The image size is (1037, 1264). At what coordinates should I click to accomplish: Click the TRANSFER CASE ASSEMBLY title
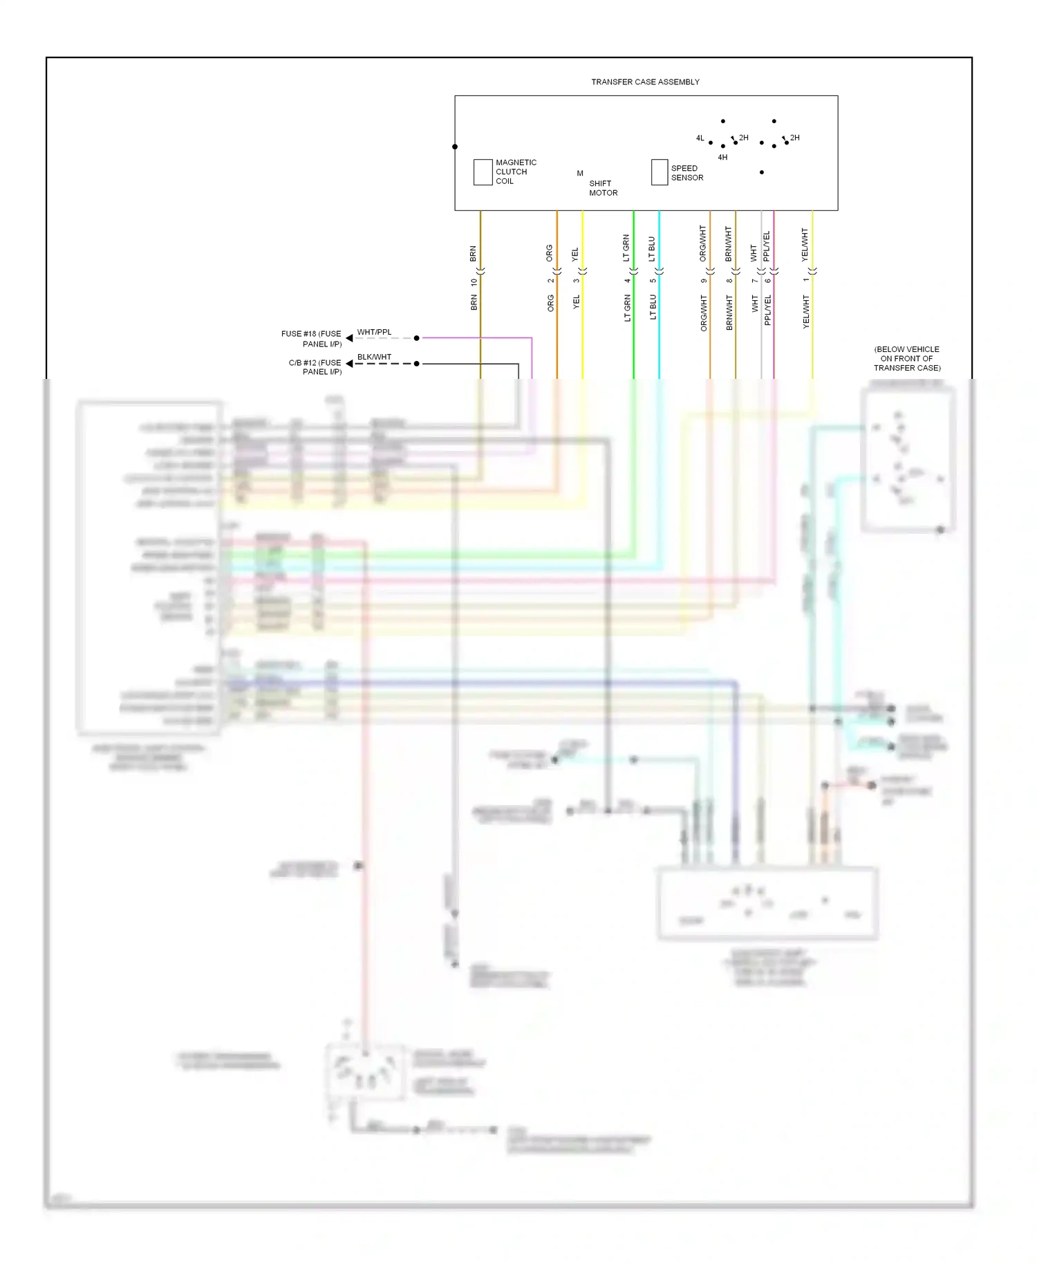point(645,82)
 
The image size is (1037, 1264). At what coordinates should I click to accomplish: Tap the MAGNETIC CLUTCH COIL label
point(516,171)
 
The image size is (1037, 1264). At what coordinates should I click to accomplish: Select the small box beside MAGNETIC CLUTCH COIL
point(483,172)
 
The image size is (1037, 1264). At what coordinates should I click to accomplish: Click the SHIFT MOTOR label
point(603,188)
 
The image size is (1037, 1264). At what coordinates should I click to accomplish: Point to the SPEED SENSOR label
point(686,173)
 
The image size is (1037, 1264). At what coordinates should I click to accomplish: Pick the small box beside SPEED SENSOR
point(660,172)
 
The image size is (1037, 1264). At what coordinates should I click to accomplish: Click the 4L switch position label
point(700,138)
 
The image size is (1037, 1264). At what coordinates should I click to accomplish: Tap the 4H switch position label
point(722,158)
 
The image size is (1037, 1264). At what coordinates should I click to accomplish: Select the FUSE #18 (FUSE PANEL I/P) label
point(311,339)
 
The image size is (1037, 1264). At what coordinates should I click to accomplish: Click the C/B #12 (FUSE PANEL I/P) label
point(315,367)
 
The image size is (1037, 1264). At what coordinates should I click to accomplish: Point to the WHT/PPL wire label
point(374,333)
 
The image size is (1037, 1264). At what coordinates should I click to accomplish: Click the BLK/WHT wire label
point(374,357)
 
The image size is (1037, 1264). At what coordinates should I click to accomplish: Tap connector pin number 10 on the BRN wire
point(474,282)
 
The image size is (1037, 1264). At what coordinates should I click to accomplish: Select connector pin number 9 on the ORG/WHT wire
point(704,281)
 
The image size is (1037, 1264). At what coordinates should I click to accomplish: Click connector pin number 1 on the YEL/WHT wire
point(805,280)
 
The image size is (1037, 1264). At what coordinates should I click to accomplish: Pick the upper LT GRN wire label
point(626,248)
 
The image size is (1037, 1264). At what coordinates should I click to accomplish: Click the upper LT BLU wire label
point(652,249)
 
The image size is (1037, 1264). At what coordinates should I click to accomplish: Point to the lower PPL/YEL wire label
point(767,310)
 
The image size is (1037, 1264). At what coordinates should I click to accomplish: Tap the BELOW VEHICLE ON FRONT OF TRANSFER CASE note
point(907,358)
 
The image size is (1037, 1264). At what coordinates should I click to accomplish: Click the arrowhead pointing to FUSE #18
point(349,338)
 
